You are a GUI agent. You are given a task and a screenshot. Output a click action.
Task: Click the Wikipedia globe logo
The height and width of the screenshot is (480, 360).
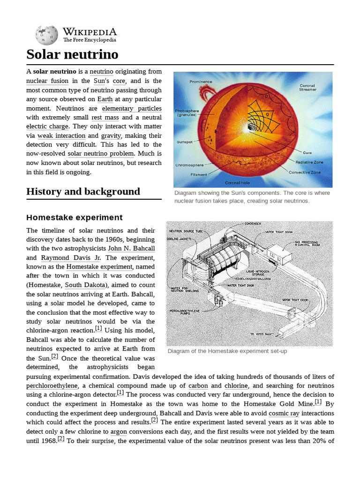(x=46, y=35)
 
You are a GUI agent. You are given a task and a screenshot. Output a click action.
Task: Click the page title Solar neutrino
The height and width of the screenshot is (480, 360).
(x=72, y=54)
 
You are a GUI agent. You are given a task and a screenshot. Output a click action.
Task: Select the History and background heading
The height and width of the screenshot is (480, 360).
(x=83, y=191)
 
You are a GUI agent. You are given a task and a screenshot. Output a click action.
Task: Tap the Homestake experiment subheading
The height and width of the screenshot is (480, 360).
(x=74, y=217)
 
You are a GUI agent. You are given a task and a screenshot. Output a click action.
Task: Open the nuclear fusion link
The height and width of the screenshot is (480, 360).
(x=47, y=81)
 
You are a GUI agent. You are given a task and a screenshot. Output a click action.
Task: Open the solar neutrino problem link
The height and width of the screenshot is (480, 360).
(x=101, y=154)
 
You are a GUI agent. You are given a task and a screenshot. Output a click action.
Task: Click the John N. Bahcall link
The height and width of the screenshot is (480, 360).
(x=131, y=248)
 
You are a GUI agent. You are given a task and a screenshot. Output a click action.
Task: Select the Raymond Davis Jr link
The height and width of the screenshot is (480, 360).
(x=71, y=258)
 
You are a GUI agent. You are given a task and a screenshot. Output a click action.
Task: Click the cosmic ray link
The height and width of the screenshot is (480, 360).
(x=286, y=413)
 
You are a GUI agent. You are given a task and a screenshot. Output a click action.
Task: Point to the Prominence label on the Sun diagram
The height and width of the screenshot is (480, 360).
(x=201, y=82)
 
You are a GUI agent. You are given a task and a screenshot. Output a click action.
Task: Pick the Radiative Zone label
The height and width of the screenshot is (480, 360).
(x=308, y=162)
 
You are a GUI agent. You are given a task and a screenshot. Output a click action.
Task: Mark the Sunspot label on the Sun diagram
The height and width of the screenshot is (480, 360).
(x=185, y=141)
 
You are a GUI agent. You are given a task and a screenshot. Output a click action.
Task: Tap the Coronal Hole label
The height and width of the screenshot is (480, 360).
(x=238, y=182)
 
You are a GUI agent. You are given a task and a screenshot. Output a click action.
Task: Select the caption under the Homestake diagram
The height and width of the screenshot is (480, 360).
(x=227, y=351)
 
